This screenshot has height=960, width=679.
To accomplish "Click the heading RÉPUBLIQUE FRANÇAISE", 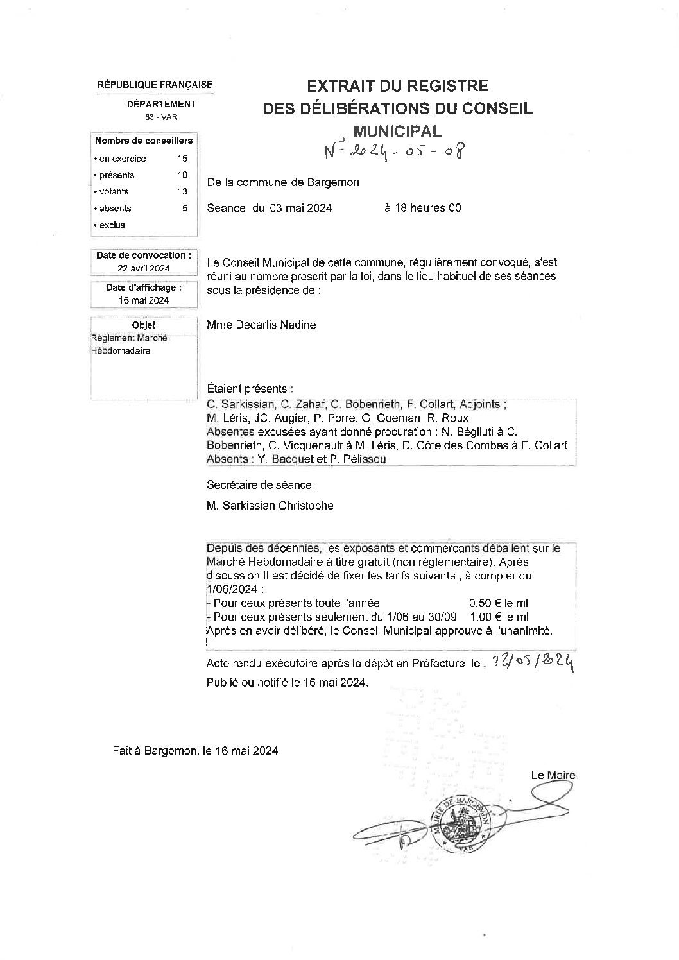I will point(155,85).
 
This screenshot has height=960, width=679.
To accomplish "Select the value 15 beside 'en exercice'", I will point(182,159).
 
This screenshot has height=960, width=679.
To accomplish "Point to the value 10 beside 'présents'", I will point(182,175).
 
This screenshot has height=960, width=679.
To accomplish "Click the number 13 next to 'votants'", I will point(182,191).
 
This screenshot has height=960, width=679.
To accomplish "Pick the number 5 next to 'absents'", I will point(185,208).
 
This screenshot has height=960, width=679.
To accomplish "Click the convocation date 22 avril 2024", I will point(144,268).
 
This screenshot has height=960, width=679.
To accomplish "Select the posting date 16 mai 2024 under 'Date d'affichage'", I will point(144,300).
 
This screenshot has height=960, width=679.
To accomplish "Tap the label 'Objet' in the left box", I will point(144,325).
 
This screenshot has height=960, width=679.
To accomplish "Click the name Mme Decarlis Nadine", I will point(261,325).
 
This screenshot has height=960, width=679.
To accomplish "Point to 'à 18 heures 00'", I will point(422,208).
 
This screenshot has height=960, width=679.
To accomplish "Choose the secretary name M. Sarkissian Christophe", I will point(270,506).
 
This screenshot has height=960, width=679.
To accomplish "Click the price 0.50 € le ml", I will point(499,603).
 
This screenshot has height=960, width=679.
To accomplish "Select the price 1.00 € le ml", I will point(499,617).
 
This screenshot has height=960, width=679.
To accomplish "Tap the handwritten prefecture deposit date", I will point(531,662).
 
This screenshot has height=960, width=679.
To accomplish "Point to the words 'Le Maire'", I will point(553,775).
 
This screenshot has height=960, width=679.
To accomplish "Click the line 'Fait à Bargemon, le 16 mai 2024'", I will point(194,750).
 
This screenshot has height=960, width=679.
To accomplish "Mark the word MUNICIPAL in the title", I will point(398,131).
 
